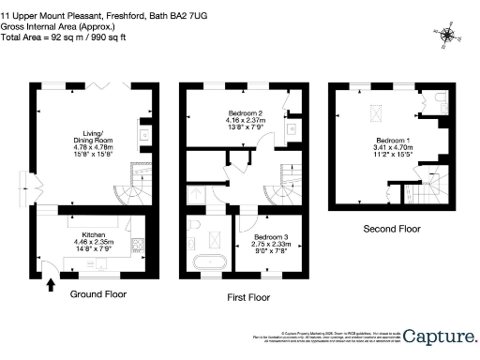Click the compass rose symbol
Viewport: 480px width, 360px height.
pyautogui.click(x=449, y=37)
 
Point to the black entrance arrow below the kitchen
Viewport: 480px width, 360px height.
pyautogui.click(x=49, y=284)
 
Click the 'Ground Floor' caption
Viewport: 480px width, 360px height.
pyautogui.click(x=98, y=293)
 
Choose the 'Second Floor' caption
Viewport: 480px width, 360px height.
pyautogui.click(x=389, y=229)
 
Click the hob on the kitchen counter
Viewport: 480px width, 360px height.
pyautogui.click(x=137, y=245)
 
